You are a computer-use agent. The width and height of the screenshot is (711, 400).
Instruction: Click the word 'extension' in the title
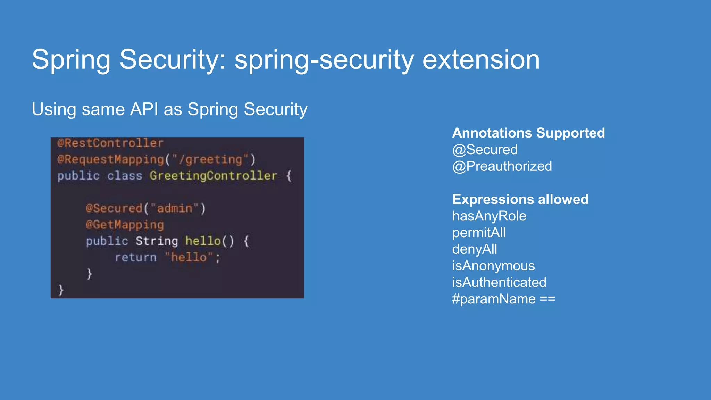(481, 59)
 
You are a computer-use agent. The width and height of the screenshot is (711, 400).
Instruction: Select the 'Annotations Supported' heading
(528, 133)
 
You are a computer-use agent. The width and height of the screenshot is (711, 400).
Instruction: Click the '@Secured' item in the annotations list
(485, 150)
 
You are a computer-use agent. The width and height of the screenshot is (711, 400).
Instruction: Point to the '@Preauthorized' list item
(502, 166)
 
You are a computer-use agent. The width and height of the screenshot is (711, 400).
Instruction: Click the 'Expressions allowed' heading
(520, 199)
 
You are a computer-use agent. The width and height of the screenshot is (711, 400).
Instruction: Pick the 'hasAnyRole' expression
(489, 216)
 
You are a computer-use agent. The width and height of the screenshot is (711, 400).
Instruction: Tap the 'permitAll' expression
(479, 233)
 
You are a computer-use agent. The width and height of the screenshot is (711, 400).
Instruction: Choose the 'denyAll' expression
(474, 249)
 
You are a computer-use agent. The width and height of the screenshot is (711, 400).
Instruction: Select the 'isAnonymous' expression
(493, 266)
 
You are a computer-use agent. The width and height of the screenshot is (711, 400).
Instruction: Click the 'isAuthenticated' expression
(499, 282)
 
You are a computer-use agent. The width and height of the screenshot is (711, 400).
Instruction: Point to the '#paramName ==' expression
(503, 299)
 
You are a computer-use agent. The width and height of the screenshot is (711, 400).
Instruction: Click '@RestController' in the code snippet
(110, 143)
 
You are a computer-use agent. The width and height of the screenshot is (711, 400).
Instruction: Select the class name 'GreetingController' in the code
(213, 176)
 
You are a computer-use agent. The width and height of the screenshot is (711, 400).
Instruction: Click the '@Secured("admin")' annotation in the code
(145, 208)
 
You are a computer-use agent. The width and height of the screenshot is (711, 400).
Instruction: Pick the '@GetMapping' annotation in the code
(125, 225)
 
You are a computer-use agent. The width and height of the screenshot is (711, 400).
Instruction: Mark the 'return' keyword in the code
(136, 257)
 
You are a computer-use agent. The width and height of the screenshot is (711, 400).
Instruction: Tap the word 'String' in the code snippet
(157, 241)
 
